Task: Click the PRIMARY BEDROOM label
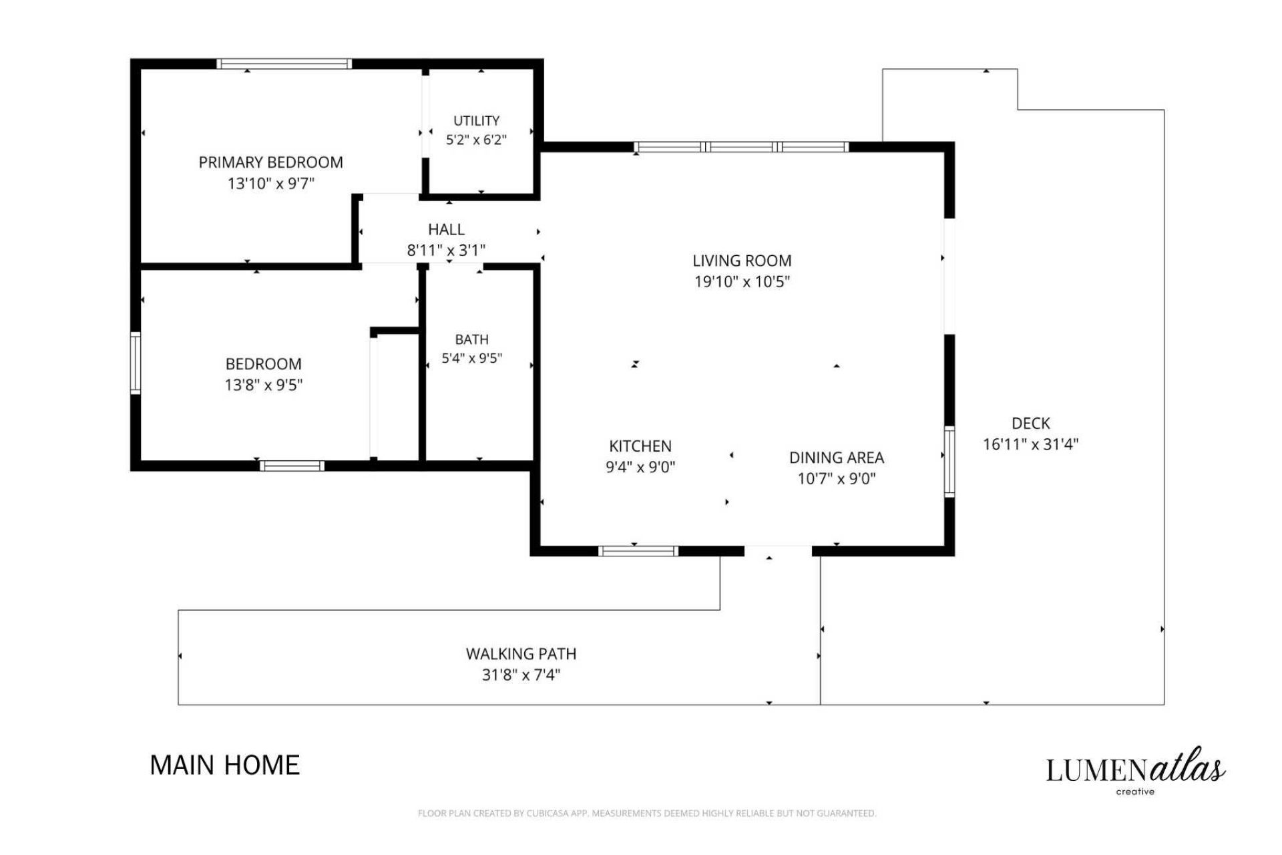(x=270, y=162)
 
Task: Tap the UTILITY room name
(x=476, y=121)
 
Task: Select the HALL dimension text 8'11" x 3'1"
(x=446, y=250)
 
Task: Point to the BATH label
(x=471, y=339)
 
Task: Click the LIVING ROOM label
(x=742, y=261)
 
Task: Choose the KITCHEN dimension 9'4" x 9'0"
(x=640, y=467)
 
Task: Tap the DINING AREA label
(x=837, y=458)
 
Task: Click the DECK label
(x=1031, y=423)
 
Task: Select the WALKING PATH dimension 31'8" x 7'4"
(x=521, y=675)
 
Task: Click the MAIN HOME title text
(x=225, y=765)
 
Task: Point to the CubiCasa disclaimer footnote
(x=646, y=813)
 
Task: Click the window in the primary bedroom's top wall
(x=284, y=64)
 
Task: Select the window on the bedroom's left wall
(x=136, y=363)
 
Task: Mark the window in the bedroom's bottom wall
(x=292, y=466)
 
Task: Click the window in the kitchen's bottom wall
(x=638, y=551)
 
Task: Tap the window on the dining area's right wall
(x=949, y=462)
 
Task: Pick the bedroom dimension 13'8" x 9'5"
(x=264, y=385)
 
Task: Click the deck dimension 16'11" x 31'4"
(x=1031, y=444)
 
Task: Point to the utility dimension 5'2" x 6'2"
(x=476, y=140)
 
